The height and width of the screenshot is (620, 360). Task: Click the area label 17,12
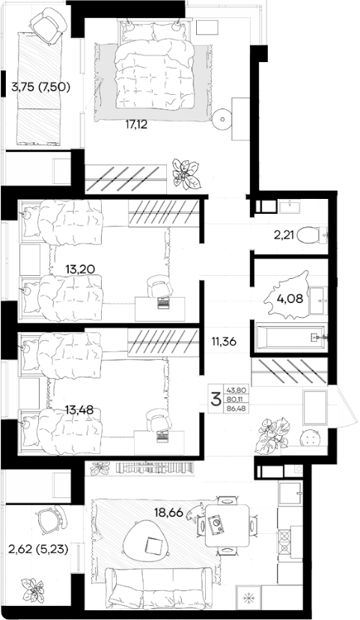tap(136, 126)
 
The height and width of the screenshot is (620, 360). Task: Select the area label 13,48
tap(79, 410)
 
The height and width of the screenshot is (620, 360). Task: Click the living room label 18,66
tap(169, 513)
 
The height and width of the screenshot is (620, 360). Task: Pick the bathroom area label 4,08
tap(290, 298)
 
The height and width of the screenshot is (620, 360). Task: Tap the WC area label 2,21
tap(284, 236)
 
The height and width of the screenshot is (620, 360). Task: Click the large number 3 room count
tap(216, 399)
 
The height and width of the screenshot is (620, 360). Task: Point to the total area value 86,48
tap(237, 409)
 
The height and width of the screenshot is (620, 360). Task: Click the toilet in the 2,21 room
tap(311, 236)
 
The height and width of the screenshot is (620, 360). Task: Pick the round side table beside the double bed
tap(222, 118)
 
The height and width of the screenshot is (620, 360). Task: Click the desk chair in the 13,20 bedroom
tap(160, 287)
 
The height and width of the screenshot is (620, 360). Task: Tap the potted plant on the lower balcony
tap(32, 589)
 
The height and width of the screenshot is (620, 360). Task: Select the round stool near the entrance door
tap(311, 438)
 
